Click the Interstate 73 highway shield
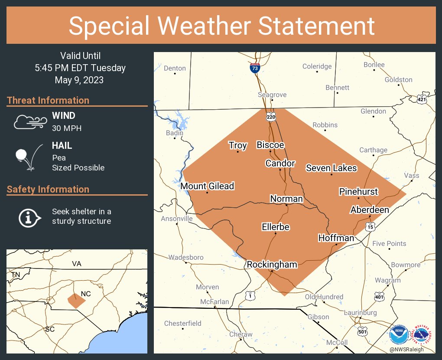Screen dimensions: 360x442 [x=255, y=68]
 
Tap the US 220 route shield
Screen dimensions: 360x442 [x=271, y=117]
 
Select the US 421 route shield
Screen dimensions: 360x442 [x=422, y=99]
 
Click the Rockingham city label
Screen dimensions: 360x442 [x=272, y=265]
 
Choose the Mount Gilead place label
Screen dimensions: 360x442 [x=207, y=186]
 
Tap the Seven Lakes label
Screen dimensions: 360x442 [x=331, y=168]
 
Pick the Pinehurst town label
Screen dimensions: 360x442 [x=358, y=191]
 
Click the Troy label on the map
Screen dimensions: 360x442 [x=238, y=145]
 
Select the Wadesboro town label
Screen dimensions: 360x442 [x=186, y=257]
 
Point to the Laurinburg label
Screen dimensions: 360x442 [x=361, y=312]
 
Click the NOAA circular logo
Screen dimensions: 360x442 [x=398, y=334]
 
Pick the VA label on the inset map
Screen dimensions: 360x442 [x=77, y=264]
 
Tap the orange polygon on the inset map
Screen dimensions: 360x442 [x=76, y=300]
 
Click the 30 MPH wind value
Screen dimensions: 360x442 [x=67, y=128]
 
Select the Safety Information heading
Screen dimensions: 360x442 [x=48, y=189]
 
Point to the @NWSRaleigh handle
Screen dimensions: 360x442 [x=406, y=350]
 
